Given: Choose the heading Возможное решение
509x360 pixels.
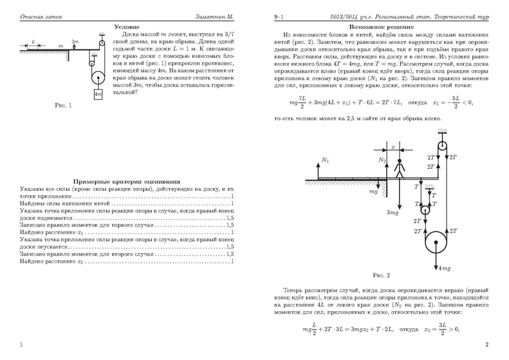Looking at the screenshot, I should (x=374, y=28).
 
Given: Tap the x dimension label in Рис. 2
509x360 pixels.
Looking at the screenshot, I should (x=393, y=146).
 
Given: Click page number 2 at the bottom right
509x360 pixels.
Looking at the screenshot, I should (x=486, y=345).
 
